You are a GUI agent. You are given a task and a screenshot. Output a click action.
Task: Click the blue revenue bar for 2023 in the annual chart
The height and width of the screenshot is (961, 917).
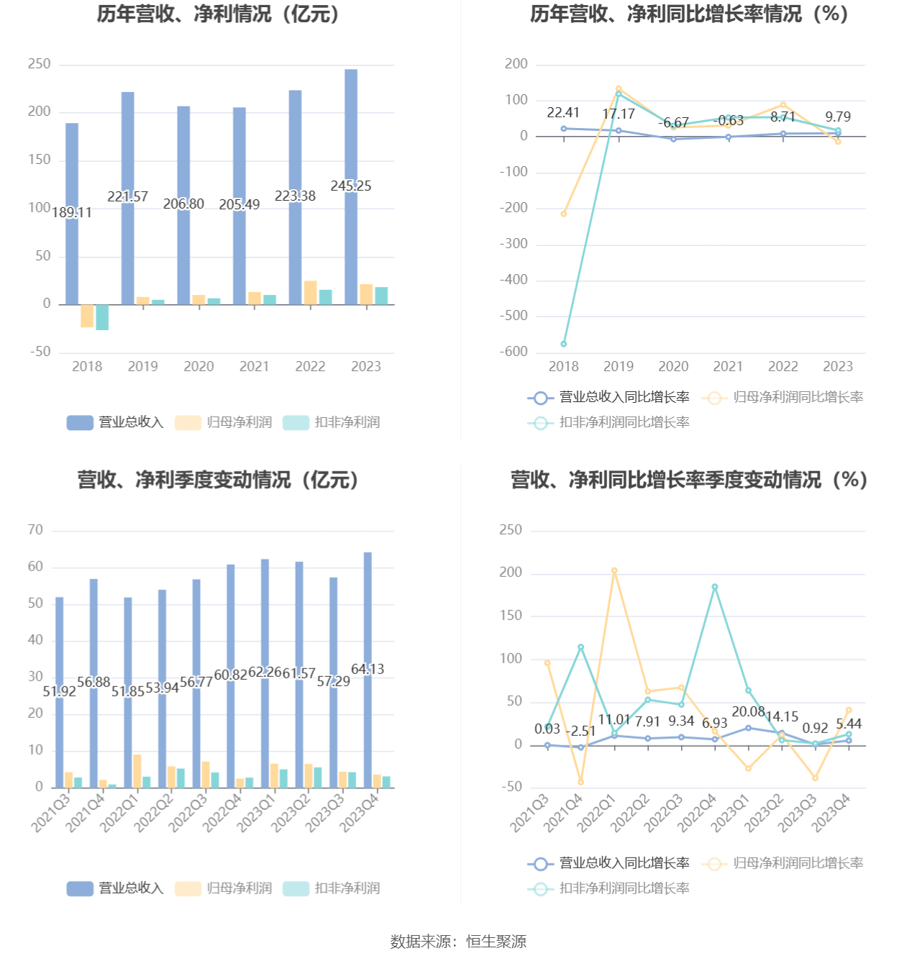[350, 187]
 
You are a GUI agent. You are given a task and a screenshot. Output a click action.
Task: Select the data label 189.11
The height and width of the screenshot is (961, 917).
[72, 213]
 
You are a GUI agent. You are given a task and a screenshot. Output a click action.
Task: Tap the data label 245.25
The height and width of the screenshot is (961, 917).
[350, 186]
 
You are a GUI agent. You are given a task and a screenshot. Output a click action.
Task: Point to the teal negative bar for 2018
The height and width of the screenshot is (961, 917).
[102, 317]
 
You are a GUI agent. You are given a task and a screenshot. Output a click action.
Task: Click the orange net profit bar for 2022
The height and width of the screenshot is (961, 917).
[311, 293]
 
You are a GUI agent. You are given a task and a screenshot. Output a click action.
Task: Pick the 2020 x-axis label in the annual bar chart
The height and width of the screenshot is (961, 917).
[199, 366]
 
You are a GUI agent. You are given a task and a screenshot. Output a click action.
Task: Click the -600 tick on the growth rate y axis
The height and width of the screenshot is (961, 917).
[514, 352]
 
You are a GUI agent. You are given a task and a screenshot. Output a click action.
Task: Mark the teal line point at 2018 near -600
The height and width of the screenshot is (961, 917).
[564, 344]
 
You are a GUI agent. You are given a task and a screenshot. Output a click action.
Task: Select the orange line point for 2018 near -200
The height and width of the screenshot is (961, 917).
[564, 214]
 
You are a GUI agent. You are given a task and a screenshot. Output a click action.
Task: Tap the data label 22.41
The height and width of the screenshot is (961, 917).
[563, 113]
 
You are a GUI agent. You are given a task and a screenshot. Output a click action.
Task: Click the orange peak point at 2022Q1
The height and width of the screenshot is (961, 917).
[614, 571]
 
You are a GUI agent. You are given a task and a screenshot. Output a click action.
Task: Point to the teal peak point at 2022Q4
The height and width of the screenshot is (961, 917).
[715, 587]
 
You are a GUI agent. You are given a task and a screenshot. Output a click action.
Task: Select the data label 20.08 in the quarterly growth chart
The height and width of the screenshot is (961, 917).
[748, 711]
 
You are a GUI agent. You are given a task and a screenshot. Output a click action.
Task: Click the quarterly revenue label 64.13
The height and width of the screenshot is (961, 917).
[368, 669]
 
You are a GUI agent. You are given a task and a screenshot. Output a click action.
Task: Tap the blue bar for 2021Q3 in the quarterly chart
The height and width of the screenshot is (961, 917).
[59, 693]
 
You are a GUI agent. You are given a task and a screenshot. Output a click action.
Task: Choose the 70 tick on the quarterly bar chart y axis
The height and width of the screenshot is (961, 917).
[35, 530]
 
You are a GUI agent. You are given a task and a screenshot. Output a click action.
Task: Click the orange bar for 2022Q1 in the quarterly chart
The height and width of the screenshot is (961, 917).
[137, 771]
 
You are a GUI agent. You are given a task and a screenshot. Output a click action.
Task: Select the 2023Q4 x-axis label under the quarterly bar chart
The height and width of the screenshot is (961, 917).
[360, 814]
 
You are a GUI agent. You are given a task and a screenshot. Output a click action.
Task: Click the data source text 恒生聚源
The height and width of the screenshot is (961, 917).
[496, 942]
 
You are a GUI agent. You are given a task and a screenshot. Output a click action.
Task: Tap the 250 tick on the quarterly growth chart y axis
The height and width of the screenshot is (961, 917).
[511, 530]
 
